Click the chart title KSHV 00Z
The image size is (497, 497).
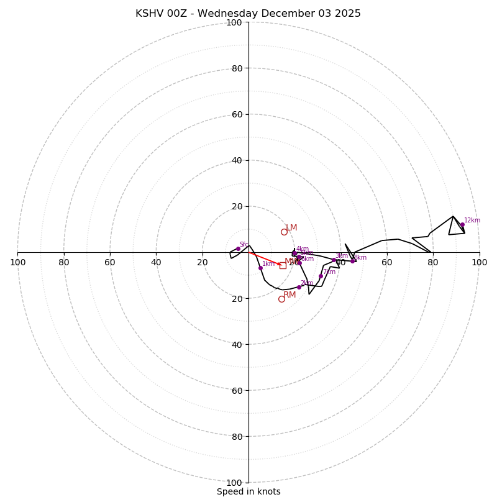coord(248,14)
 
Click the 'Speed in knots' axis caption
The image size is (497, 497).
coord(248,491)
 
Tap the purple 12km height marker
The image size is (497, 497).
coord(462,225)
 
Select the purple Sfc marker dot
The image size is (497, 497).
coord(238,248)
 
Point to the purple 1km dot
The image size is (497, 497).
coord(260,268)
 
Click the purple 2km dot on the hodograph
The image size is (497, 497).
coord(299,287)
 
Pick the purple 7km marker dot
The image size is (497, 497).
coord(321,276)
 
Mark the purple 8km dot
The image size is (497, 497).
coord(352,261)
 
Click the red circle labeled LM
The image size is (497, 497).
coord(284,232)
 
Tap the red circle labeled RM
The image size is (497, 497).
coord(281,299)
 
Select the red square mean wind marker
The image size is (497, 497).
coord(283,265)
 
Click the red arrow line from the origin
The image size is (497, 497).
coord(264,258)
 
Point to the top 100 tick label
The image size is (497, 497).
coord(234,22)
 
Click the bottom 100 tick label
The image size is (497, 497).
coord(234,482)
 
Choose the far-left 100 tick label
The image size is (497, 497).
coord(17,262)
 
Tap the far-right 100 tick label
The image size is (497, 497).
coord(479,262)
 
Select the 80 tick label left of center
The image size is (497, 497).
coord(64,262)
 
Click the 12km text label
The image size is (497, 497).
coord(472,221)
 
